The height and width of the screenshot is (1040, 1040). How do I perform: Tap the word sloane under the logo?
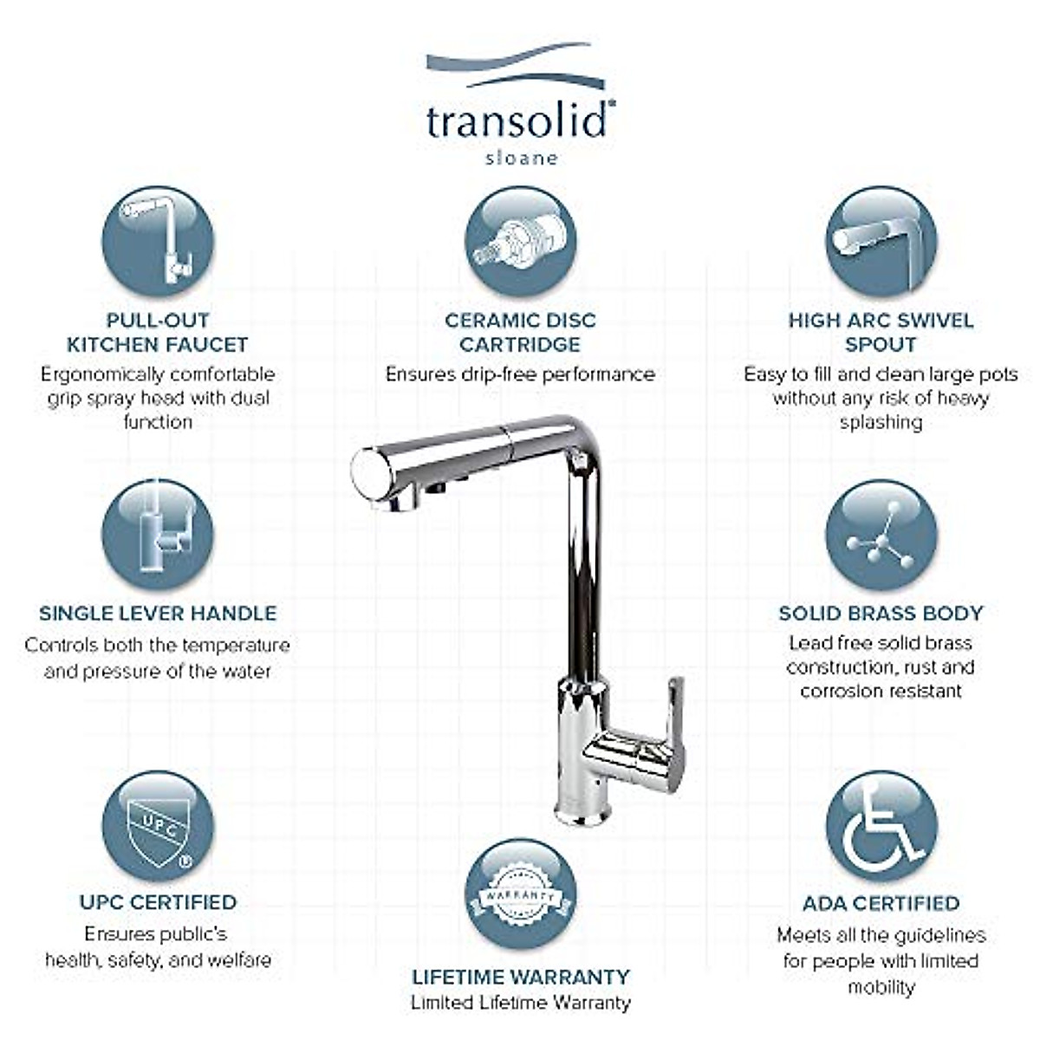pyautogui.click(x=520, y=159)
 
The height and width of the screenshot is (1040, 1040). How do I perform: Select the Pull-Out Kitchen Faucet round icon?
pyautogui.click(x=158, y=241)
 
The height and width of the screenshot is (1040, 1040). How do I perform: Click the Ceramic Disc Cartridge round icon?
pyautogui.click(x=520, y=241)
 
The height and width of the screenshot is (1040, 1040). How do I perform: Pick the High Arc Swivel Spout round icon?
pyautogui.click(x=881, y=241)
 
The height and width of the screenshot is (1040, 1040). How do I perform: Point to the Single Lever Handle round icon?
pyautogui.click(x=158, y=534)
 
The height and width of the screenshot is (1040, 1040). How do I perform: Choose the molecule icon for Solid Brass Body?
pyautogui.click(x=881, y=535)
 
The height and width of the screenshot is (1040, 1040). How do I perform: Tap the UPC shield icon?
pyautogui.click(x=158, y=827)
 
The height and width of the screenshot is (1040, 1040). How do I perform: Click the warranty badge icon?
pyautogui.click(x=520, y=894)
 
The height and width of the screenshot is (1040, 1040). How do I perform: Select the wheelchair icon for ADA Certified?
pyautogui.click(x=881, y=827)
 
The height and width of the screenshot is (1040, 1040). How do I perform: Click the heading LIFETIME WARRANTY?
pyautogui.click(x=520, y=977)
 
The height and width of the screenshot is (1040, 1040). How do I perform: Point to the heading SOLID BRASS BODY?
pyautogui.click(x=881, y=613)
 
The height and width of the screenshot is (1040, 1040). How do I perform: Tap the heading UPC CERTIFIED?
pyautogui.click(x=158, y=902)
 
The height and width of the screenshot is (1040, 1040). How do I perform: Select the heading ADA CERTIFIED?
pyautogui.click(x=881, y=903)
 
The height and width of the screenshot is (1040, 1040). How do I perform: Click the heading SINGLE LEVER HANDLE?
pyautogui.click(x=158, y=613)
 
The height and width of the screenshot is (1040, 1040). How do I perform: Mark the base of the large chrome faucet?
pyautogui.click(x=581, y=810)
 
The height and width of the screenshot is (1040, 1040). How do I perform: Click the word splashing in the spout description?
pyautogui.click(x=881, y=422)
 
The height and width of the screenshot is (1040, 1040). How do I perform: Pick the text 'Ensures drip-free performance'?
pyautogui.click(x=520, y=374)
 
